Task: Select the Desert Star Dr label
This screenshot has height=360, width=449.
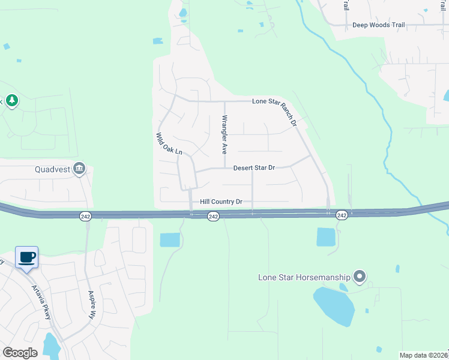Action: pyautogui.click(x=253, y=168)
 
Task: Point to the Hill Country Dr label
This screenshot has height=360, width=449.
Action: pyautogui.click(x=221, y=202)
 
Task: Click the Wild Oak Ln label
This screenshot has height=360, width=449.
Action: pyautogui.click(x=169, y=144)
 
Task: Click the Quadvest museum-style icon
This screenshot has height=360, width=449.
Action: pyautogui.click(x=79, y=169)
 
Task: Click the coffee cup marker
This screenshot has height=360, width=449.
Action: pyautogui.click(x=27, y=257)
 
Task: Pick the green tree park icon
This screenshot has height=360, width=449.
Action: pyautogui.click(x=11, y=100)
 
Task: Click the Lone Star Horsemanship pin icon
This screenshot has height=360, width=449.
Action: pyautogui.click(x=360, y=277)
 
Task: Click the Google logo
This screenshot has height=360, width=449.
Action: pyautogui.click(x=20, y=353)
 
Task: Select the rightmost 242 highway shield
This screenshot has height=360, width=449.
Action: pyautogui.click(x=342, y=215)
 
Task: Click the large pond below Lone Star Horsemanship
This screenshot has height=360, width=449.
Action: pyautogui.click(x=334, y=305)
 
